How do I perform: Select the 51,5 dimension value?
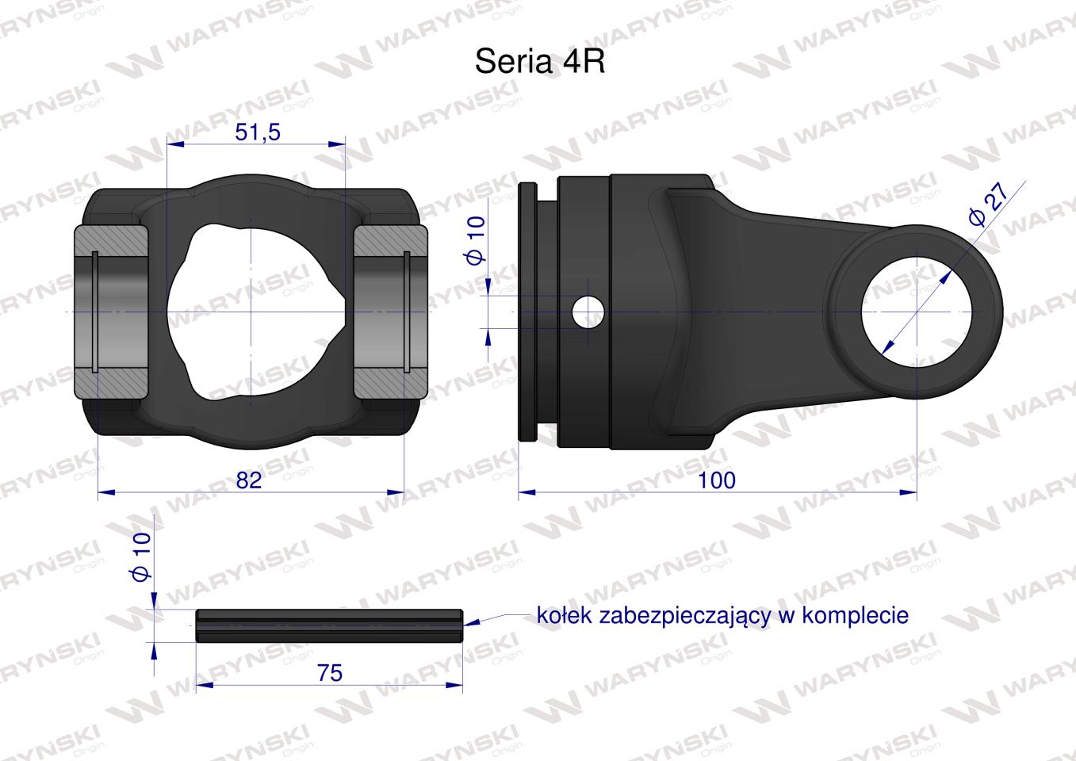tap(258, 132)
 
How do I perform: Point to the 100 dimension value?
tap(717, 480)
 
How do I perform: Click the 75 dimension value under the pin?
tap(329, 672)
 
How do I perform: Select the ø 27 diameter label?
tap(988, 205)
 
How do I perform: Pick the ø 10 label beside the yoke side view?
tap(475, 242)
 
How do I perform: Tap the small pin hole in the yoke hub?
tap(588, 312)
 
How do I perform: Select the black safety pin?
tap(329, 625)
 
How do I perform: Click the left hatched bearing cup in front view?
tap(112, 312)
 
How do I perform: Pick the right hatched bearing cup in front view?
tap(390, 312)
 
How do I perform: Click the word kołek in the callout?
tap(559, 616)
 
